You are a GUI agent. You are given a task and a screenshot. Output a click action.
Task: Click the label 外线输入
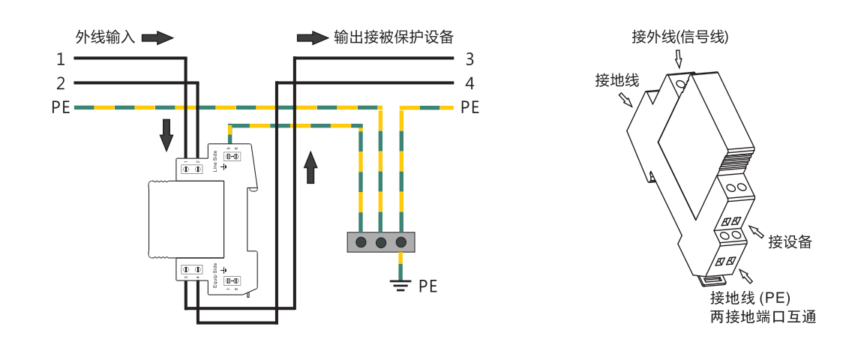point(105,37)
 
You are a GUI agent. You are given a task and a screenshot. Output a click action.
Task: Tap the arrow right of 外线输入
point(157,37)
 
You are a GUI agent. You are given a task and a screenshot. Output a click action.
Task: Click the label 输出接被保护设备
point(394,37)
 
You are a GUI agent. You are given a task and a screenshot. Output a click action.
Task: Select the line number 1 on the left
point(61,59)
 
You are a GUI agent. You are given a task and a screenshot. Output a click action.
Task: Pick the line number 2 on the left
point(61,82)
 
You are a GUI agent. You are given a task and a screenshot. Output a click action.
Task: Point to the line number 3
point(469,59)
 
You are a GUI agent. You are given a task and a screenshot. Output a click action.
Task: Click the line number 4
point(469,82)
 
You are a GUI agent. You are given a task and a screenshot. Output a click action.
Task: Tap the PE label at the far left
point(61,108)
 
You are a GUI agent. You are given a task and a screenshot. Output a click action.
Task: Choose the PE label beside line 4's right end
point(469,108)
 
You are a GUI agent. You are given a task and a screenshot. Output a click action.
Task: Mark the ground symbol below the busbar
point(401,283)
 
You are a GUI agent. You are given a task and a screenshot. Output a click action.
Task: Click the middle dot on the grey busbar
point(381,242)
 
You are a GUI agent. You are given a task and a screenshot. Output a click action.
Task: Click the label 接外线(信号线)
point(680,37)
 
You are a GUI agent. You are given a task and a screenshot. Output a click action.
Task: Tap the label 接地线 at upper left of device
point(616,79)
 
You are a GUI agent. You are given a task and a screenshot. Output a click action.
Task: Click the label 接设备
point(790,241)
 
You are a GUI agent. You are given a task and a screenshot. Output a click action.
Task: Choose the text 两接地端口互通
point(763,316)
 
